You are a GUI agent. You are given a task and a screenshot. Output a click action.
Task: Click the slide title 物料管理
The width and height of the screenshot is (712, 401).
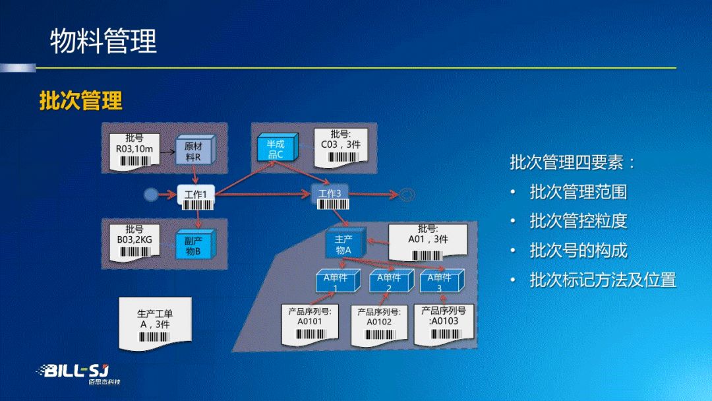104,41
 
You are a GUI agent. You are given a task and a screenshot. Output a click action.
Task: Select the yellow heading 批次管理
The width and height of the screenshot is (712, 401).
81,101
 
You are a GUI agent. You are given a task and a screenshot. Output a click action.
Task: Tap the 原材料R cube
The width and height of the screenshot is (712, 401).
194,152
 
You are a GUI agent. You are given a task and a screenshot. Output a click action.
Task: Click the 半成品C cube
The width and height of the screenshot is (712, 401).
276,149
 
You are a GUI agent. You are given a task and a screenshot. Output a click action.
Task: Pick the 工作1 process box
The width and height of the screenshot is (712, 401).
196,194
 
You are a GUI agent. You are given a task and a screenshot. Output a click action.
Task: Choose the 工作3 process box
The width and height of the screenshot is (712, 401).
329,194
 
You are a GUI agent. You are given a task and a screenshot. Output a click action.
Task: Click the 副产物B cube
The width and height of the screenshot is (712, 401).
193,246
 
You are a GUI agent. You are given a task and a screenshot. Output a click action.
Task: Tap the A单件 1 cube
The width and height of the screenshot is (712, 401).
336,282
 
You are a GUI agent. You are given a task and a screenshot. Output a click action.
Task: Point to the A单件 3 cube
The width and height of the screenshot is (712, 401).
440,282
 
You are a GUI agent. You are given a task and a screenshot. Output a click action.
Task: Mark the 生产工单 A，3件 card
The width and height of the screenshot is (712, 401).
155,323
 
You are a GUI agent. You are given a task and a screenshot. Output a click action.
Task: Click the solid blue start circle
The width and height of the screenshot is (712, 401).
151,194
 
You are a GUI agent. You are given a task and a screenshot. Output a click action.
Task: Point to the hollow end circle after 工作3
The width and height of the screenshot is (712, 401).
407,194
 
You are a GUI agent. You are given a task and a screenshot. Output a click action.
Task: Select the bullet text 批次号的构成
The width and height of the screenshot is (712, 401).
578,251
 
